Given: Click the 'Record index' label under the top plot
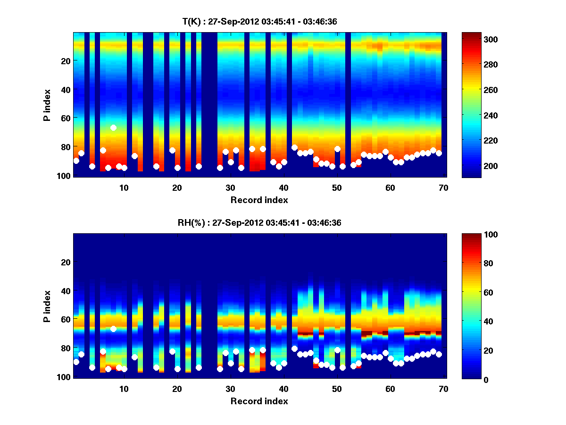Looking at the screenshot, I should [x=259, y=200].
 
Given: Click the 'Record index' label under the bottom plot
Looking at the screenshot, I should [x=259, y=401].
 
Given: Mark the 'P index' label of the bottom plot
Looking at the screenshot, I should [x=47, y=306].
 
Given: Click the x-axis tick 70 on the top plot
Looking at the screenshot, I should [x=443, y=187].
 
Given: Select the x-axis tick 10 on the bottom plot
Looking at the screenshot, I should [x=124, y=389].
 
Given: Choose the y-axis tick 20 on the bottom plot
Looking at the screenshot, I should [x=65, y=262].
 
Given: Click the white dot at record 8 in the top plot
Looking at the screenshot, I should [x=113, y=127].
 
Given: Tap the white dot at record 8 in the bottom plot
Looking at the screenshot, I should [x=113, y=329].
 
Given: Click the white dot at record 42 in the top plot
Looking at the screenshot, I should [x=294, y=147].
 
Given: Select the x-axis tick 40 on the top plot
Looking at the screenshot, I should [x=283, y=187].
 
